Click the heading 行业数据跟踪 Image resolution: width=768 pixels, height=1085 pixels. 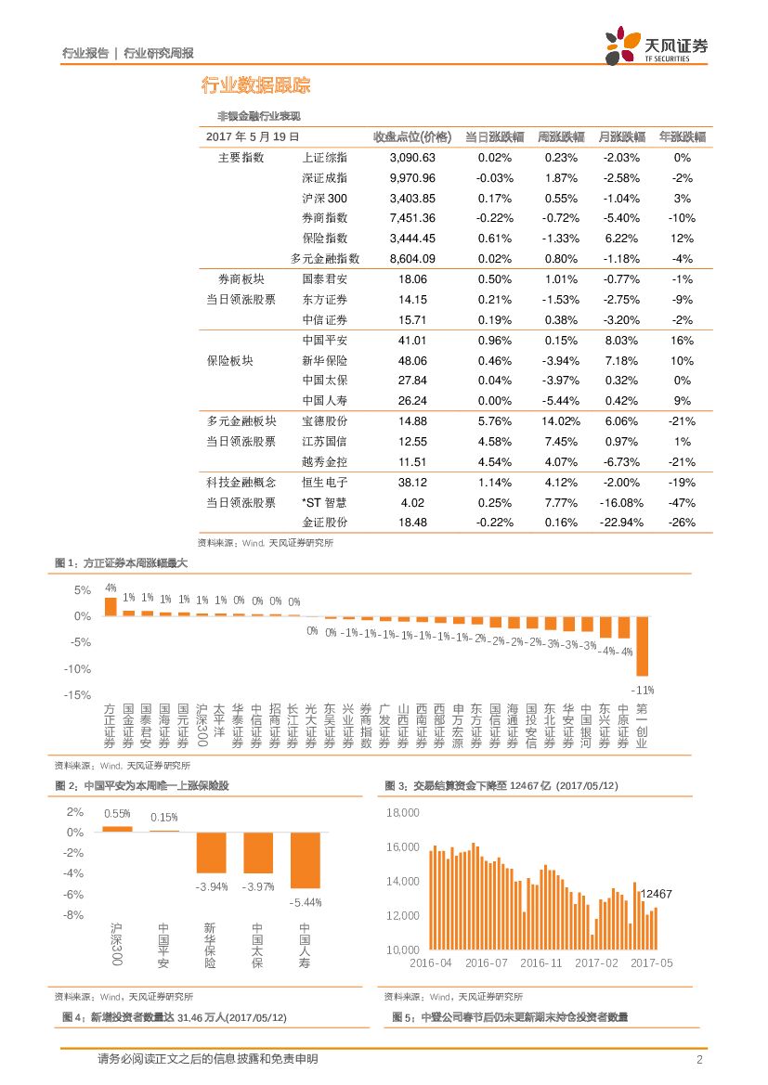[x=255, y=86]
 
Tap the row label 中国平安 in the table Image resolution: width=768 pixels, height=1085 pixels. [x=325, y=341]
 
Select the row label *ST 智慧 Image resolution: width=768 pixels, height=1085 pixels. [x=325, y=502]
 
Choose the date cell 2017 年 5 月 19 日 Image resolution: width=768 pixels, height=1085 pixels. [x=253, y=136]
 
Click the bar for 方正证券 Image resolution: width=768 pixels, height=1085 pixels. [x=111, y=606]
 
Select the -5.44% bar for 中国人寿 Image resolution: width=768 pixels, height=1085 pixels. [x=305, y=860]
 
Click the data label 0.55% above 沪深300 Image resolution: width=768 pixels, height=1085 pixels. [x=117, y=814]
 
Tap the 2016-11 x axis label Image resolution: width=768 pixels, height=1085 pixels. [x=540, y=963]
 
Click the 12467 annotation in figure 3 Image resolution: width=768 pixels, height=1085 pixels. [x=656, y=894]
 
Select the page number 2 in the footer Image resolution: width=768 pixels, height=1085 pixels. [x=699, y=1060]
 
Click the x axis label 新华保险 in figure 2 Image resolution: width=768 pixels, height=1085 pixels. [x=210, y=946]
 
